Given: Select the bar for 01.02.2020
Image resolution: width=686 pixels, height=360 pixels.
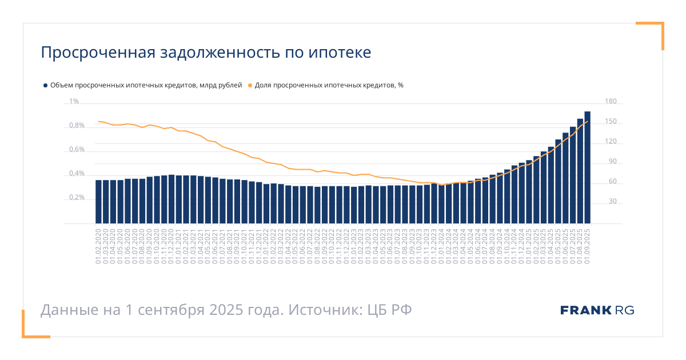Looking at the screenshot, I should coord(98,202).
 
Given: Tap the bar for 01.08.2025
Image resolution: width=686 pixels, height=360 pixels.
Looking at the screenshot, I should coord(580,171).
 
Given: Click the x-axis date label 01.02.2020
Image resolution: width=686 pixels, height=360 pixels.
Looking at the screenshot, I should coord(98,246).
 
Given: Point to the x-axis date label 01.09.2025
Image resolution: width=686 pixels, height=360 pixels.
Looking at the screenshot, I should coord(587,246).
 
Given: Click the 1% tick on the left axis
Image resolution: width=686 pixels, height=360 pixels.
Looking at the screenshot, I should coord(74,102).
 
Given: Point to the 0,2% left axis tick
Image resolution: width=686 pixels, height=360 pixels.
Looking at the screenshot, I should coord(77,198).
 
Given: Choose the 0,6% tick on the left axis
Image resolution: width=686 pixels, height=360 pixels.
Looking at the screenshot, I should coord(77,150).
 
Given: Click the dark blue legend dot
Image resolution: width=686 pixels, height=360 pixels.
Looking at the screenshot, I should coord(45,85).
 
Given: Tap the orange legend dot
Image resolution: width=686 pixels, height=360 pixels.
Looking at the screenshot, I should coord(250,85).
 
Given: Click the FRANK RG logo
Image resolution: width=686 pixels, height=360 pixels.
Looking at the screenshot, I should coord(597,310).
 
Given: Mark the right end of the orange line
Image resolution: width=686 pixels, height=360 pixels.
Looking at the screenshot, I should coord(587,121).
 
